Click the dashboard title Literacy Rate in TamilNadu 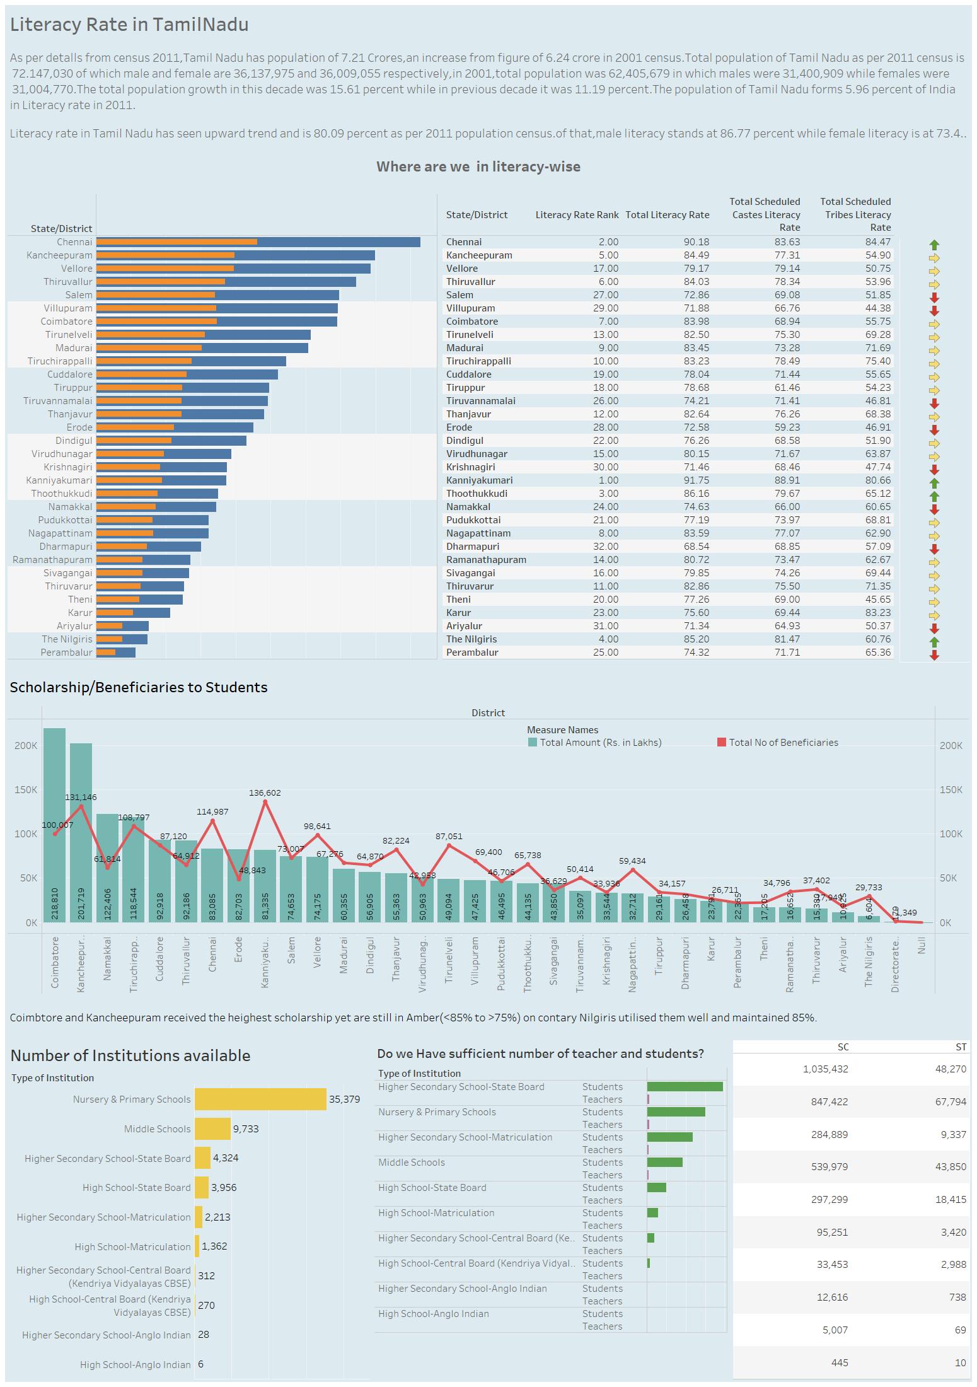pyautogui.click(x=129, y=25)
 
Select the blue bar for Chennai pyautogui.click(x=340, y=242)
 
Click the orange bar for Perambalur pyautogui.click(x=106, y=653)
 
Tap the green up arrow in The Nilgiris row pyautogui.click(x=934, y=642)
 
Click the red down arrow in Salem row pyautogui.click(x=934, y=298)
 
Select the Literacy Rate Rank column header pyautogui.click(x=577, y=215)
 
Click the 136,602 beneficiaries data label pyautogui.click(x=265, y=792)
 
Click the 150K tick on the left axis pyautogui.click(x=26, y=790)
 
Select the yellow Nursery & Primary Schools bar pyautogui.click(x=260, y=1099)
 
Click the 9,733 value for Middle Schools pyautogui.click(x=246, y=1129)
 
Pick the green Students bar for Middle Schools pyautogui.click(x=664, y=1163)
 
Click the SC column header pyautogui.click(x=843, y=1047)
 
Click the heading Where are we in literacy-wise pyautogui.click(x=478, y=166)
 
